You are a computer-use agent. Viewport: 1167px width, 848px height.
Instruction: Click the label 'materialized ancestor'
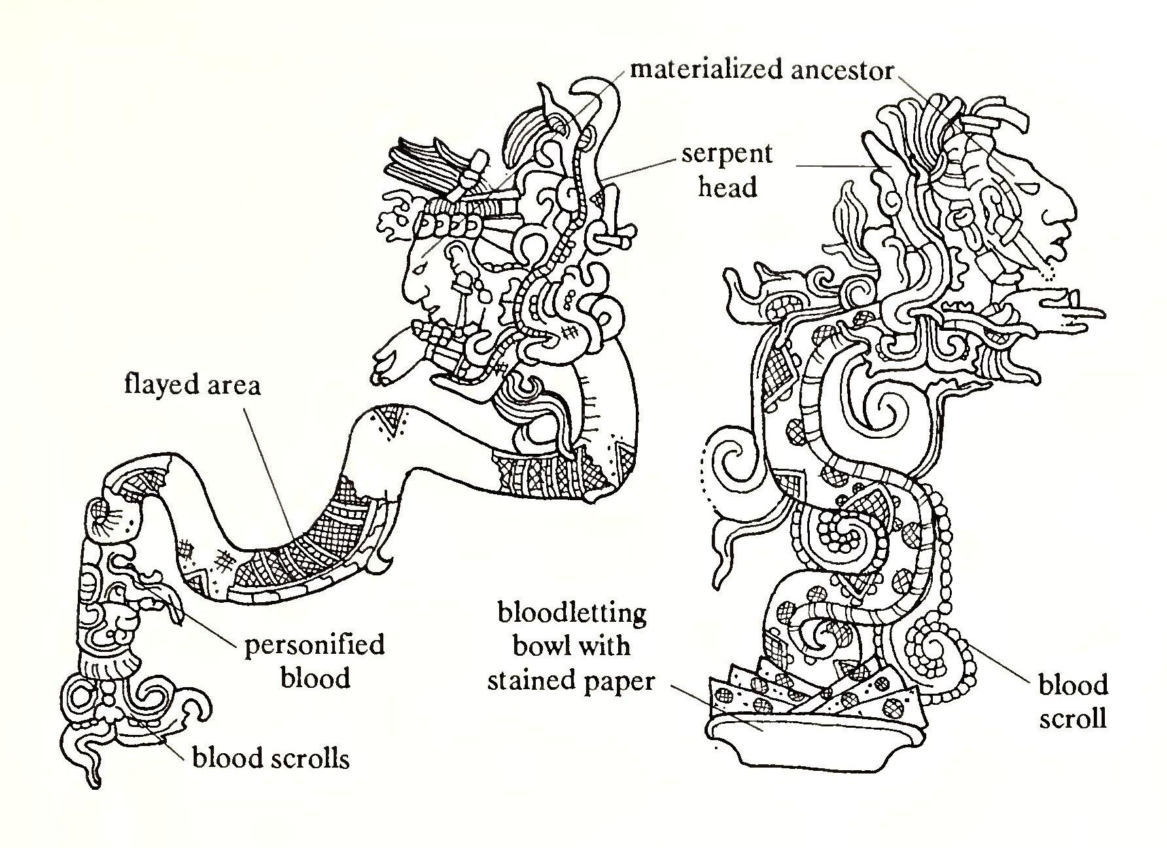(x=761, y=70)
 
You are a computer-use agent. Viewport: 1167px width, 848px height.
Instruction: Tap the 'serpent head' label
(x=727, y=171)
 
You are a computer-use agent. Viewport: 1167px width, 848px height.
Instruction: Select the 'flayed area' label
(x=192, y=385)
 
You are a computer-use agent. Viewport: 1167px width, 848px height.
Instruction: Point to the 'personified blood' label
(x=314, y=661)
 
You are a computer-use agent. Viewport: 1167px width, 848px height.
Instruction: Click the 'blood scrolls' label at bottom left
(x=271, y=758)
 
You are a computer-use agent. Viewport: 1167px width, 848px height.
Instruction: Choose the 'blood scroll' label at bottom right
(x=1073, y=702)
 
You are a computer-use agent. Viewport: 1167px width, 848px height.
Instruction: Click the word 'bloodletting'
(x=572, y=614)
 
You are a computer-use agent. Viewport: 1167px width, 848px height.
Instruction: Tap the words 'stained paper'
(x=570, y=681)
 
